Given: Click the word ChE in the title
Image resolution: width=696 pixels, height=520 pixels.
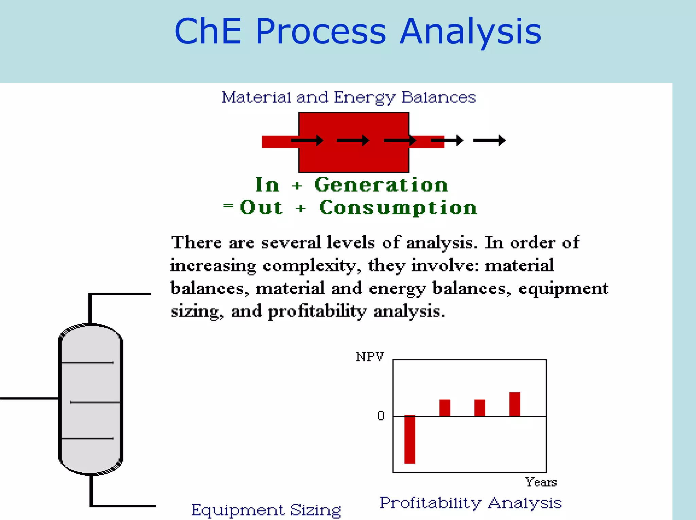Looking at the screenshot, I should (208, 32).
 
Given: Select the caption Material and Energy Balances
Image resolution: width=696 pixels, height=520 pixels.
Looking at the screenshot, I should (349, 97).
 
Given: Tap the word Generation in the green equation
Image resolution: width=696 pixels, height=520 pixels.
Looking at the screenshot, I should (381, 185).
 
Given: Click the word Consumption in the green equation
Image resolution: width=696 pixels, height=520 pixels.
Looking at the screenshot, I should (398, 208).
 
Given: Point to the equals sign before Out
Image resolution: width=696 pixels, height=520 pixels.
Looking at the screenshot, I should (228, 205).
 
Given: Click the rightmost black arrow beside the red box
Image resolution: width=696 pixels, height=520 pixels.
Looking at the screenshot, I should (489, 140).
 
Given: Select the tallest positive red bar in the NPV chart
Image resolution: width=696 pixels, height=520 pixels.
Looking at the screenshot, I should (515, 404).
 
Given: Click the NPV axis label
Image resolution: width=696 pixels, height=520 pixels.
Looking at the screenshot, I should (370, 357).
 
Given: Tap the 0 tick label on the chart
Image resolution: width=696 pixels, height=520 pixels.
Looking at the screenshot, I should (381, 416).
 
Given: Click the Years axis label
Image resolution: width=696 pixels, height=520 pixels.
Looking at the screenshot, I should (541, 482).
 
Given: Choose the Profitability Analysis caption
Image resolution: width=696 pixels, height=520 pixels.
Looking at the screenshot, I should (471, 503).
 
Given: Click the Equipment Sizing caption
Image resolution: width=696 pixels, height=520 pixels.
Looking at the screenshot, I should (266, 510).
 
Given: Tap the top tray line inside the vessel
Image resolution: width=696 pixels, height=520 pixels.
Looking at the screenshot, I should (88, 363).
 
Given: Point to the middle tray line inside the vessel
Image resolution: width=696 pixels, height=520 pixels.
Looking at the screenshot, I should (95, 402).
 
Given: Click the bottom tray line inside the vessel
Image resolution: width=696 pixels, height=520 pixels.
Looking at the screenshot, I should (88, 438).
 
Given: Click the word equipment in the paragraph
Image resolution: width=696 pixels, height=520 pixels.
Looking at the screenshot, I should (563, 288).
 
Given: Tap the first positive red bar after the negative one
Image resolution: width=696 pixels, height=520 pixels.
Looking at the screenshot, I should (445, 408).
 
